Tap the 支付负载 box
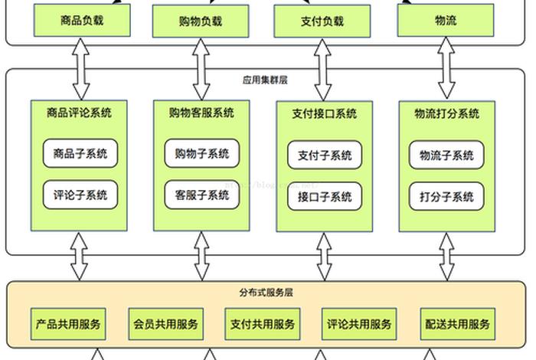click(x=323, y=21)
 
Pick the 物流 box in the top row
click(x=445, y=21)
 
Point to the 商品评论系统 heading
click(x=79, y=113)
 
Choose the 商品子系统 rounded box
click(x=80, y=153)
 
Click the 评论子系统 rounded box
click(x=80, y=195)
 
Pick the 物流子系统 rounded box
click(x=446, y=155)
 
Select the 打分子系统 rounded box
click(x=446, y=196)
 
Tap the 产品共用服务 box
click(x=68, y=324)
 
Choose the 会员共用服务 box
click(x=165, y=324)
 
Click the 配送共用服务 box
click(x=457, y=324)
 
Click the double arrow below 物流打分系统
click(x=446, y=257)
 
